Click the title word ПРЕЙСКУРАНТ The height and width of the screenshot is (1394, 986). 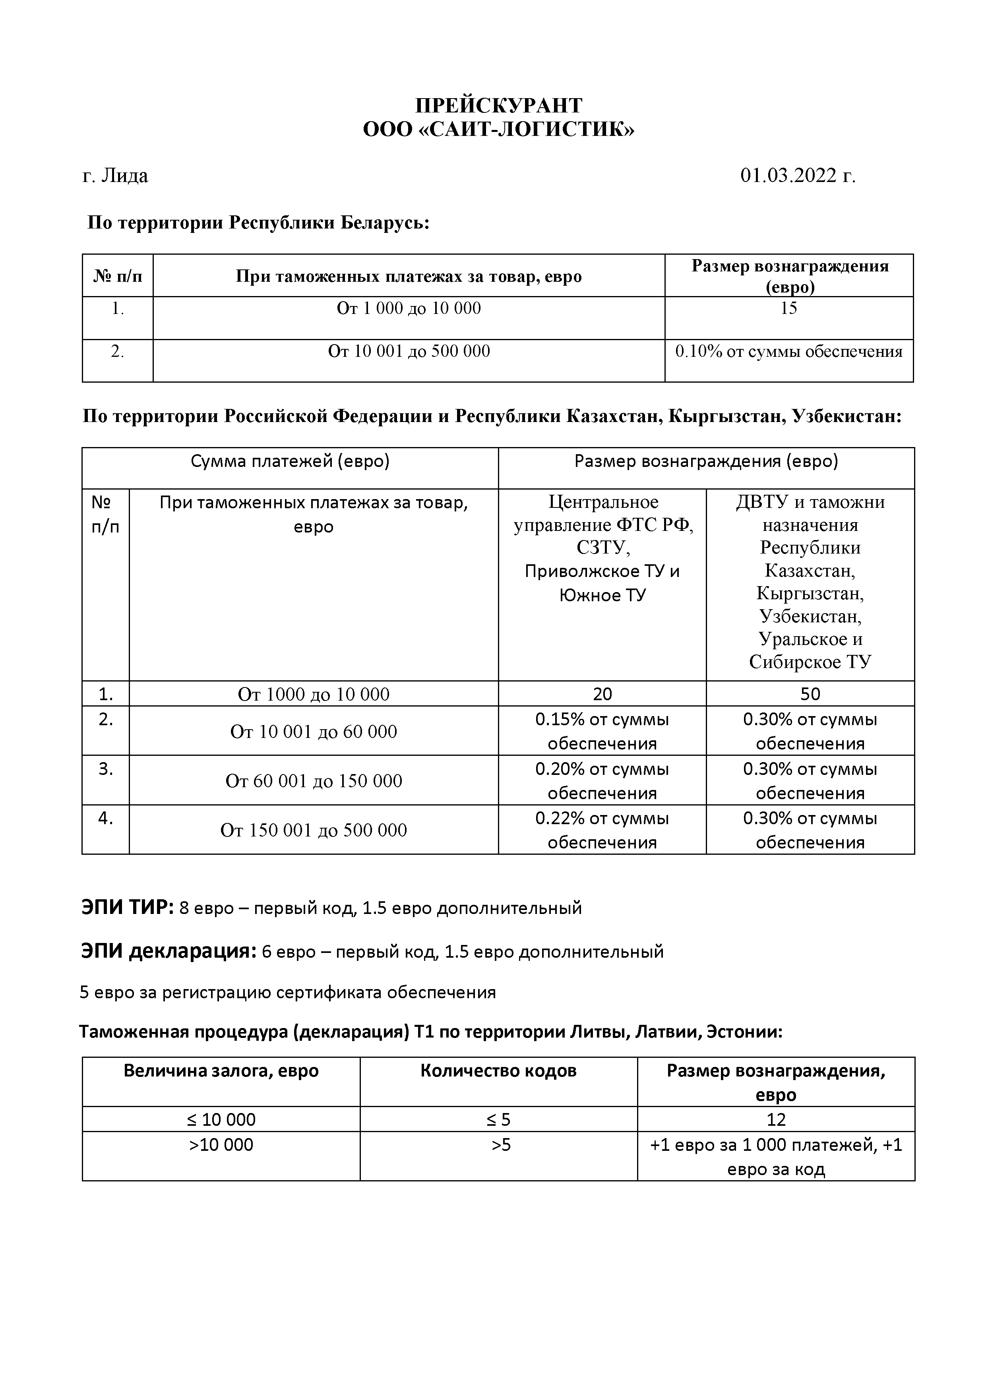498,106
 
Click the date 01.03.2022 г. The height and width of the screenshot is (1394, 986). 797,176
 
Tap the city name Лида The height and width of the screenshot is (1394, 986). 124,176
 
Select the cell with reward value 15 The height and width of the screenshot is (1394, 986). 788,308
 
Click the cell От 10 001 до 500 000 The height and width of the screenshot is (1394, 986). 409,352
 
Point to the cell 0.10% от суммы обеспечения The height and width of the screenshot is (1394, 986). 788,352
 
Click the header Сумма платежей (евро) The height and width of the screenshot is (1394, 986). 290,461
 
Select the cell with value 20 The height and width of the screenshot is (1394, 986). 602,694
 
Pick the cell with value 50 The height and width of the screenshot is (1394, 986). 810,694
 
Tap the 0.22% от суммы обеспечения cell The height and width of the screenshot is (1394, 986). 602,830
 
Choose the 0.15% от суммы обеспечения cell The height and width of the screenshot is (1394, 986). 602,731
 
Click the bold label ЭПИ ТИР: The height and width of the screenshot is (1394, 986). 128,908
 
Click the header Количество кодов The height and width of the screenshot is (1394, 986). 498,1071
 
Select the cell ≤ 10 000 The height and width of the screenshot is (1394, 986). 221,1119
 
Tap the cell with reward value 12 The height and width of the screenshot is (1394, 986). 776,1119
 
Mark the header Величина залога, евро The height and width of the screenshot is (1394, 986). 221,1071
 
